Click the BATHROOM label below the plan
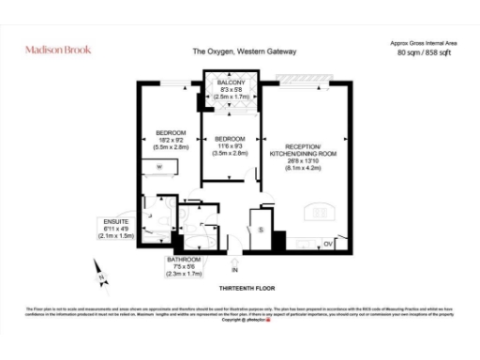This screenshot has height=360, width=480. [x=183, y=258]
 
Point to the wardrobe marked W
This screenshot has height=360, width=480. [x=159, y=167]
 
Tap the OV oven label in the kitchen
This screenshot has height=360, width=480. [x=328, y=243]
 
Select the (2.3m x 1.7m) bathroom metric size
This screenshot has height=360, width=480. [x=183, y=273]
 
